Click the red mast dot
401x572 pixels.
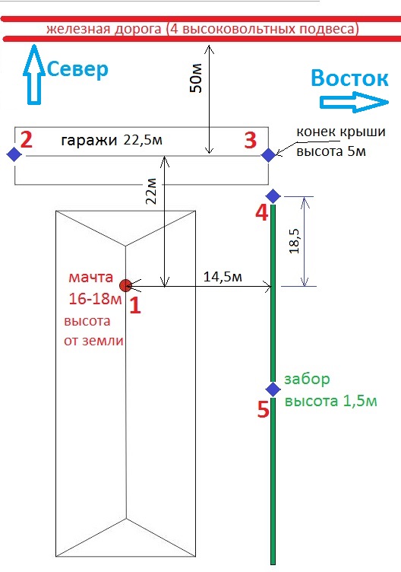(x=125, y=285)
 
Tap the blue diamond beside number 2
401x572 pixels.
(x=14, y=154)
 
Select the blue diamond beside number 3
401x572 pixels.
(x=268, y=155)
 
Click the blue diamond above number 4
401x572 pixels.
(x=273, y=196)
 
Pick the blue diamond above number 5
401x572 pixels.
(x=273, y=389)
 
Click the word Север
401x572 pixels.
(x=77, y=69)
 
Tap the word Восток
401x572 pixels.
(x=349, y=78)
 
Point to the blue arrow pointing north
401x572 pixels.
(x=34, y=75)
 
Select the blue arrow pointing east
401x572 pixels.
(x=355, y=103)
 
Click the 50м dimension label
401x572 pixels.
(x=196, y=78)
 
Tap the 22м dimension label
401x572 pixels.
(x=151, y=191)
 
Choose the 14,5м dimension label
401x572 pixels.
(x=223, y=277)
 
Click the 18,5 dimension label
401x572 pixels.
(x=295, y=241)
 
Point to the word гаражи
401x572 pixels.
(x=89, y=141)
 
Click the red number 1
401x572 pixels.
(x=135, y=305)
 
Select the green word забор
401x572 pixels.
(x=307, y=379)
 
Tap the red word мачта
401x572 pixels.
(x=90, y=278)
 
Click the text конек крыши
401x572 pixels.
(x=341, y=132)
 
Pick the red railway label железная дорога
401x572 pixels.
(x=103, y=29)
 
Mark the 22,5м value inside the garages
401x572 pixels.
(x=143, y=140)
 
